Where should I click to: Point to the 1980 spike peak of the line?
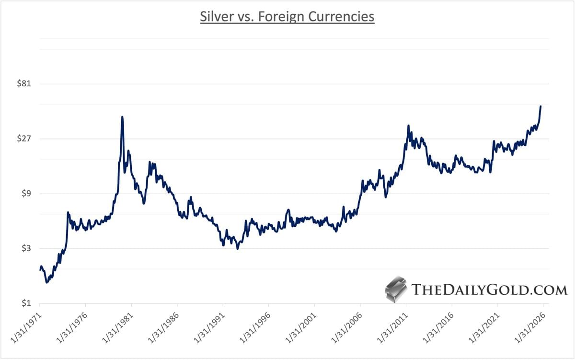click(122, 117)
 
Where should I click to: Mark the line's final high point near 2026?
click(540, 106)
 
